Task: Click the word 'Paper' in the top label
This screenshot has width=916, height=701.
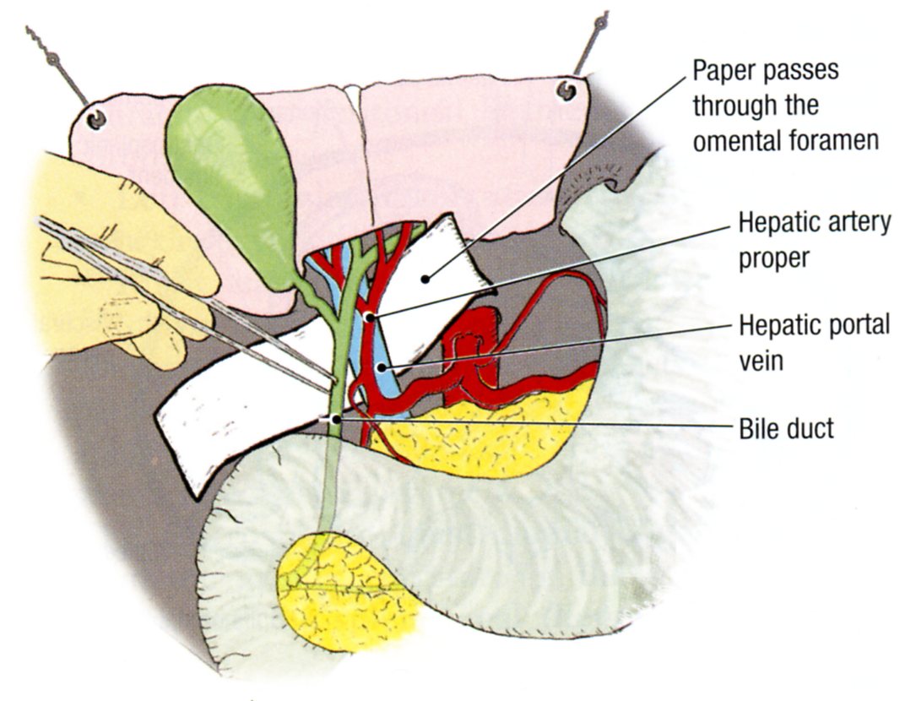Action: (x=725, y=69)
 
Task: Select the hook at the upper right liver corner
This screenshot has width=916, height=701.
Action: (x=566, y=90)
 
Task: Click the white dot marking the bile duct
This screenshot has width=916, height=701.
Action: (x=336, y=419)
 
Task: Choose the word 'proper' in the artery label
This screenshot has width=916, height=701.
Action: (x=772, y=257)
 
